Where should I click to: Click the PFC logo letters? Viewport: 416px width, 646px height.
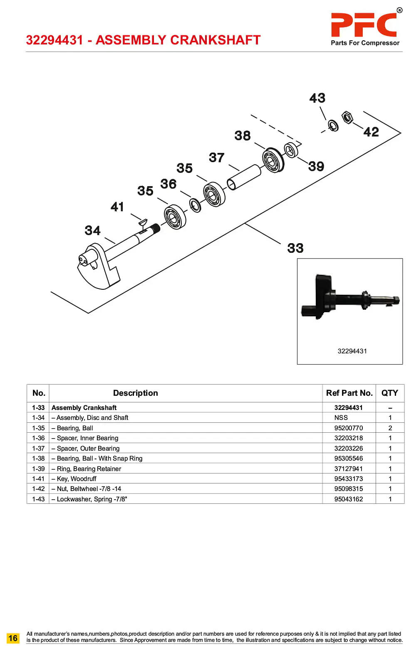(364, 25)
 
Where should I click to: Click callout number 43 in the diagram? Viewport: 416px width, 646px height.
(317, 98)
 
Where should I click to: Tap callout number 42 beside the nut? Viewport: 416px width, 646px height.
(371, 132)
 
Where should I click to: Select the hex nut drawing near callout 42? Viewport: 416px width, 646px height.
(347, 117)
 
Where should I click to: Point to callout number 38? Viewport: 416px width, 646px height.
(243, 136)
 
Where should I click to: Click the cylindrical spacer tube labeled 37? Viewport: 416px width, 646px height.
(244, 177)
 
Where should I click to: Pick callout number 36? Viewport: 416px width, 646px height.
(168, 184)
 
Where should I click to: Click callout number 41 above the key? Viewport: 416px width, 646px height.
(117, 207)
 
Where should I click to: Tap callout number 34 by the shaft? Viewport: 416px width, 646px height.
(92, 230)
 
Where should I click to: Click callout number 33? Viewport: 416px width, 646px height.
(295, 248)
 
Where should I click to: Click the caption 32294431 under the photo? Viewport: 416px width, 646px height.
(352, 351)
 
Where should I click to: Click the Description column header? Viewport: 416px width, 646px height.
(135, 393)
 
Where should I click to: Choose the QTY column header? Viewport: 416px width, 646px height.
(390, 393)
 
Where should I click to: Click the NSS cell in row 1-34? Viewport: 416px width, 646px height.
(341, 418)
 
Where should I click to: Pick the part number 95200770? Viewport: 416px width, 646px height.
(349, 428)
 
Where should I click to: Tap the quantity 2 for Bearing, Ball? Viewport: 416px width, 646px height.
(390, 428)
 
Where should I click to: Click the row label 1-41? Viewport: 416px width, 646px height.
(38, 479)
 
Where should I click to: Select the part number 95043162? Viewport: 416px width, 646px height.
(349, 499)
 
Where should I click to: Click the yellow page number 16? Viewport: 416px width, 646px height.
(13, 638)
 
